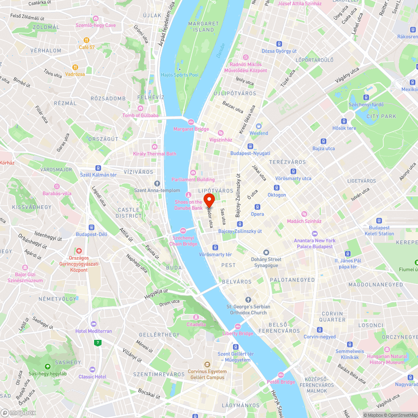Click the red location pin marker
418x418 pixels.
click(x=209, y=200)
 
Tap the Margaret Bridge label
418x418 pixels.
click(x=191, y=129)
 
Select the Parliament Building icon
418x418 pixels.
click(x=193, y=173)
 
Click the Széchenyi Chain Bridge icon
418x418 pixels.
click(x=183, y=231)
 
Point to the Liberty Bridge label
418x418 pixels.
click(x=237, y=334)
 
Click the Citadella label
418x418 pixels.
click(x=196, y=324)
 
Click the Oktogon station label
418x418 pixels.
click(x=277, y=195)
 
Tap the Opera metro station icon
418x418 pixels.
click(x=257, y=207)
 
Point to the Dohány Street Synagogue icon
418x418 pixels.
click(x=266, y=252)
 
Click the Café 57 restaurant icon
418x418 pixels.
click(x=87, y=40)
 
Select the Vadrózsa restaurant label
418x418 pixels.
click(x=75, y=74)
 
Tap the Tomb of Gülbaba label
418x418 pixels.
click(x=140, y=115)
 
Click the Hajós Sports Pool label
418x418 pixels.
click(x=180, y=75)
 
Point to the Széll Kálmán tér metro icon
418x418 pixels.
click(x=98, y=168)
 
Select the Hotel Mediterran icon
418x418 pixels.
click(x=93, y=324)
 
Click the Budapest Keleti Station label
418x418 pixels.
click(x=379, y=231)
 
